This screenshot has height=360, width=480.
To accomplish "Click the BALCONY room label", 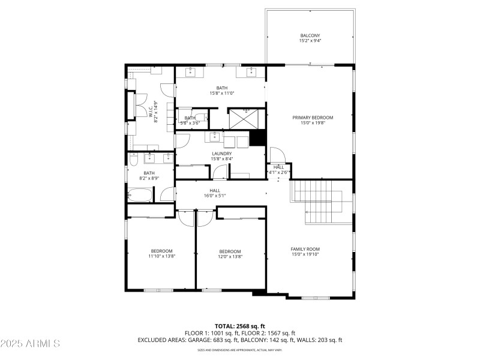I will pos(310,35).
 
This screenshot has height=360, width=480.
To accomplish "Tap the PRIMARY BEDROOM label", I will pos(312,118).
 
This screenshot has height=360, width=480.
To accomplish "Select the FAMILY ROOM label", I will pos(305,249).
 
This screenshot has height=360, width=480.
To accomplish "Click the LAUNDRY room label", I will pos(221,154).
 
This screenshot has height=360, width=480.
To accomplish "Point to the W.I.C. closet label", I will pos(151,112).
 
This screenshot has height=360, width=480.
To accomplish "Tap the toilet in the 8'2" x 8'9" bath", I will pos(133,159).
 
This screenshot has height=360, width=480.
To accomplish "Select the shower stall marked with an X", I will pos(245,118).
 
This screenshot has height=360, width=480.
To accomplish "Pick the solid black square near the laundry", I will pos(257,138).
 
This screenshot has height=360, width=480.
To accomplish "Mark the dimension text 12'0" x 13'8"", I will pos(230,257).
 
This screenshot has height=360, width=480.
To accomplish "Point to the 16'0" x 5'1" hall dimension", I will pos(215,196).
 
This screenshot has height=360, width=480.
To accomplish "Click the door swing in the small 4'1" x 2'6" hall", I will pos(275,154).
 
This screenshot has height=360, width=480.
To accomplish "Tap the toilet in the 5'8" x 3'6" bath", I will pos(202,118).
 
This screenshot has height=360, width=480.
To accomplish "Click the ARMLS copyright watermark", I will pos(31,344).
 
